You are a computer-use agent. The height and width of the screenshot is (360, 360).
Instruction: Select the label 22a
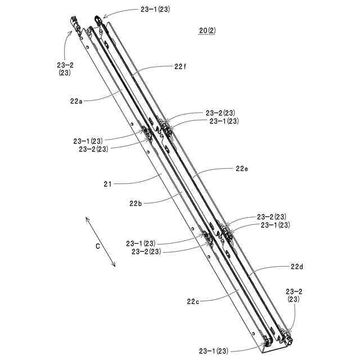[77, 101]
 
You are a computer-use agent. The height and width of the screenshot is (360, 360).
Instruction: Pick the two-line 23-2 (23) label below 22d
[294, 296]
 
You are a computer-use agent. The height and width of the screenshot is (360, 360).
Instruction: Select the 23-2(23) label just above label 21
[94, 149]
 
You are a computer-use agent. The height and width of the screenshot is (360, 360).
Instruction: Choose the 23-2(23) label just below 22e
[272, 217]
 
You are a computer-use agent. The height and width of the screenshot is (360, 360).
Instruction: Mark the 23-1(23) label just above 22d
[275, 225]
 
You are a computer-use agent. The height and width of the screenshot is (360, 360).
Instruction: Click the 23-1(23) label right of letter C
[144, 244]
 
